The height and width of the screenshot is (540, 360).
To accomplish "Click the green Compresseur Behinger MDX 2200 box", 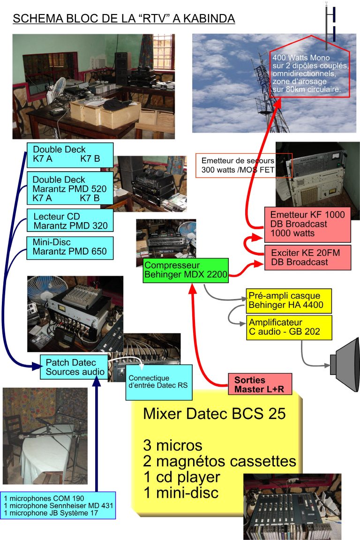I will click(186, 270).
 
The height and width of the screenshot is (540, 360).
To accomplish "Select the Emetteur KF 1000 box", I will click(307, 224).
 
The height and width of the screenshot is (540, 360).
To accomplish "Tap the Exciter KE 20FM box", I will click(307, 257).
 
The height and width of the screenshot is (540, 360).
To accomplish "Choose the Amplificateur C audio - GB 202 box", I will click(289, 327).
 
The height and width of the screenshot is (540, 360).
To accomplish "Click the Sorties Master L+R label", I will click(260, 384).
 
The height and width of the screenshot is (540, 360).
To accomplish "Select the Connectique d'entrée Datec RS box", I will click(159, 382).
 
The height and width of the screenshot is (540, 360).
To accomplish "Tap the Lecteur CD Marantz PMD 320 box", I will click(70, 221).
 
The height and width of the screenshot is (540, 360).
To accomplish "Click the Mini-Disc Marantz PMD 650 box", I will click(70, 247).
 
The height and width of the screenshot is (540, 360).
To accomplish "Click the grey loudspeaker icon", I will click(345, 363).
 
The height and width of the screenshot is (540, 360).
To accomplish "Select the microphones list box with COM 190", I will click(59, 505).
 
